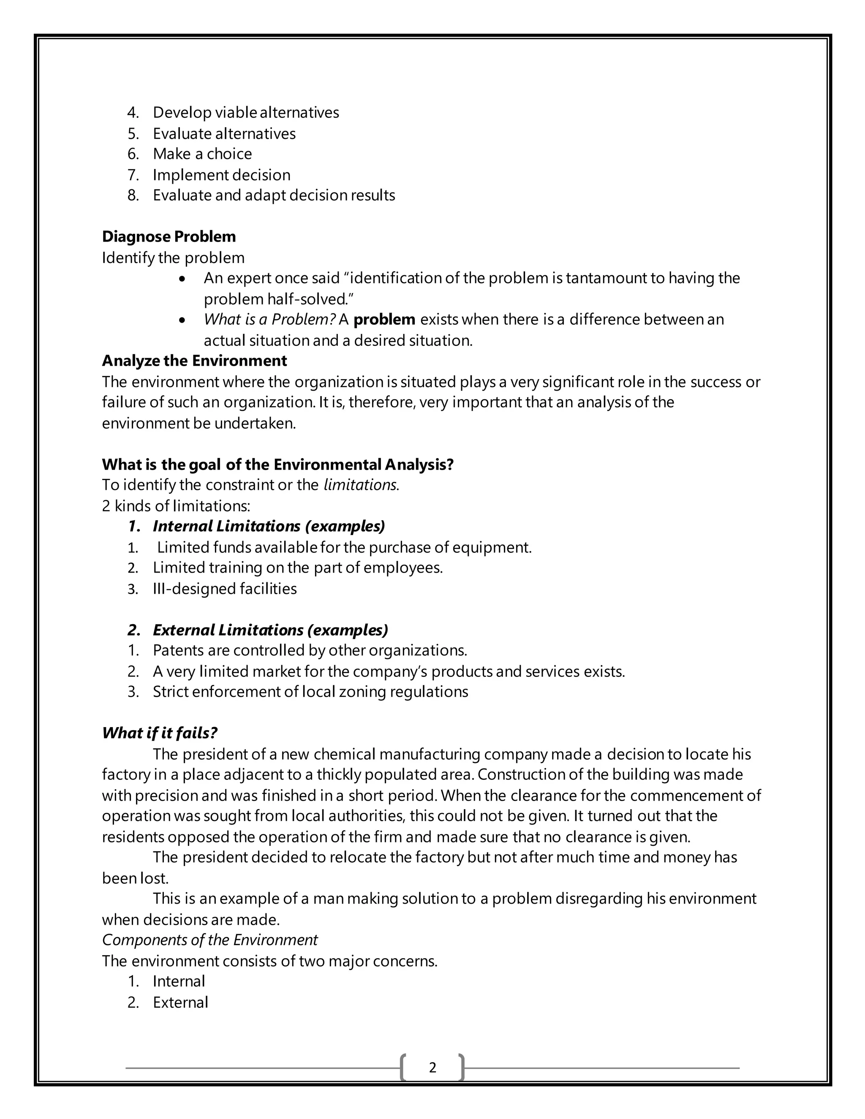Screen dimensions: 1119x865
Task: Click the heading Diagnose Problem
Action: pyautogui.click(x=169, y=237)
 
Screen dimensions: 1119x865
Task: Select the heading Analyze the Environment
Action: pyautogui.click(x=194, y=361)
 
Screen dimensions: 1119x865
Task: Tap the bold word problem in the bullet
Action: pyautogui.click(x=384, y=320)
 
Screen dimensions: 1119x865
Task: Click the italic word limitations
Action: pyautogui.click(x=360, y=485)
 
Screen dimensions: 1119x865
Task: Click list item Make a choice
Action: pyautogui.click(x=202, y=154)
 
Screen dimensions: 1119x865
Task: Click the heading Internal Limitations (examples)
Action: pyautogui.click(x=269, y=526)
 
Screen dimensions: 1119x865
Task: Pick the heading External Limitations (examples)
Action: pyautogui.click(x=270, y=630)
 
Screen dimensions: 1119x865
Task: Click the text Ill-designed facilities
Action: pyautogui.click(x=224, y=589)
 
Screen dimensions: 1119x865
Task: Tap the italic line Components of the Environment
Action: pyautogui.click(x=209, y=940)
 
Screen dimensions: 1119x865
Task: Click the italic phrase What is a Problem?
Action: pyautogui.click(x=269, y=320)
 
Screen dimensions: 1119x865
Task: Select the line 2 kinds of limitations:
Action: pyautogui.click(x=176, y=506)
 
